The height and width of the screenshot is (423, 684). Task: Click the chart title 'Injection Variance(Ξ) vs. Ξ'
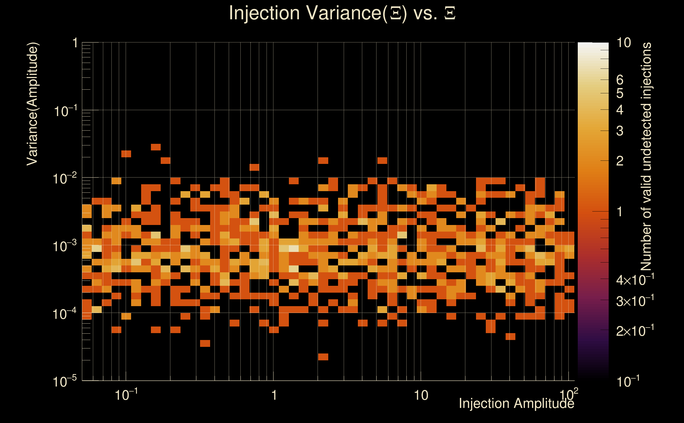click(342, 13)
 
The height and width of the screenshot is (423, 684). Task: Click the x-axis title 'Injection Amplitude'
click(516, 403)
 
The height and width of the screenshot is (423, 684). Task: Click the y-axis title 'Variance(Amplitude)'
click(32, 104)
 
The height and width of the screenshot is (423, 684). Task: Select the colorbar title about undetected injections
click(646, 157)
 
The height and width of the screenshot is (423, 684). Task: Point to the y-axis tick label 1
click(75, 43)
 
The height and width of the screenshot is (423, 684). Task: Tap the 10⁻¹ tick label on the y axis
click(64, 111)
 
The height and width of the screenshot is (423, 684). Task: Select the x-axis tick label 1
click(274, 395)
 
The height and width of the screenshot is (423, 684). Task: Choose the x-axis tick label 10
click(421, 395)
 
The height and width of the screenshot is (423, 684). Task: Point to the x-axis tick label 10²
click(569, 394)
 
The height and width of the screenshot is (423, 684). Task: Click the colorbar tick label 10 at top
click(623, 43)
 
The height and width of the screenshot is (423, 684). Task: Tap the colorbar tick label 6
click(620, 80)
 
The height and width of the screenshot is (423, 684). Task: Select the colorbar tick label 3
click(620, 131)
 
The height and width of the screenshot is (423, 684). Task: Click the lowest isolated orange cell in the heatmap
click(323, 357)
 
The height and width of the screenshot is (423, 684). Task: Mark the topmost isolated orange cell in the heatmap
click(156, 147)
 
